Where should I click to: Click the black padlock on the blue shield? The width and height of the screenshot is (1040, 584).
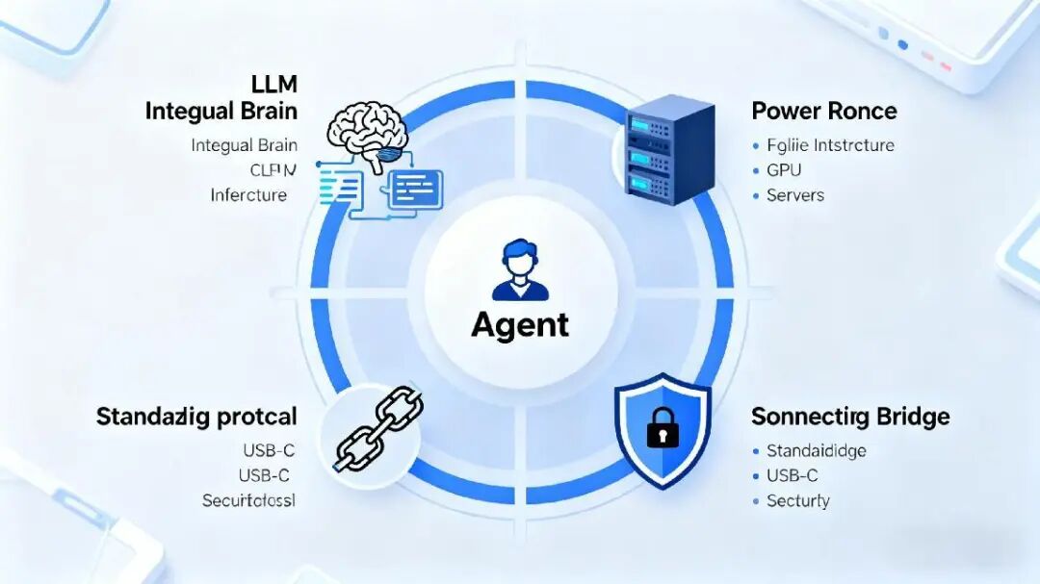[663, 429]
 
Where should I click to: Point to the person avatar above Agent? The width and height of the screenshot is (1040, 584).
[520, 272]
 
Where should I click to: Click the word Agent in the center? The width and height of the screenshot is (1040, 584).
[520, 324]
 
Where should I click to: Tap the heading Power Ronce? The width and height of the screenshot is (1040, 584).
[823, 111]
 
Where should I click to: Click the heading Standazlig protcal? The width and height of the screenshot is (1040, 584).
[196, 418]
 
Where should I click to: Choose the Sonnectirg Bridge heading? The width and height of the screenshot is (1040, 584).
[849, 417]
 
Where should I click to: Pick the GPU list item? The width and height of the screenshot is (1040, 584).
[784, 170]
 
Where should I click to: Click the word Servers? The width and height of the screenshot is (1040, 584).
[795, 195]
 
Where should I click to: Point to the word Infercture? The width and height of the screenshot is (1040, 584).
[248, 195]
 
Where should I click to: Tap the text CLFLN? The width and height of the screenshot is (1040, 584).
[273, 170]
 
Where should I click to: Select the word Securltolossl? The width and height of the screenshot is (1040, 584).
[248, 500]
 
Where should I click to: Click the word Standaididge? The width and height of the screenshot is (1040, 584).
[816, 450]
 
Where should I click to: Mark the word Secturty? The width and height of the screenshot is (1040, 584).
[797, 500]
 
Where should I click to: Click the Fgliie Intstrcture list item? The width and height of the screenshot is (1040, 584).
[830, 145]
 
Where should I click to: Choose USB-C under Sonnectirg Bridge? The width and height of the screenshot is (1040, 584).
[792, 475]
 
